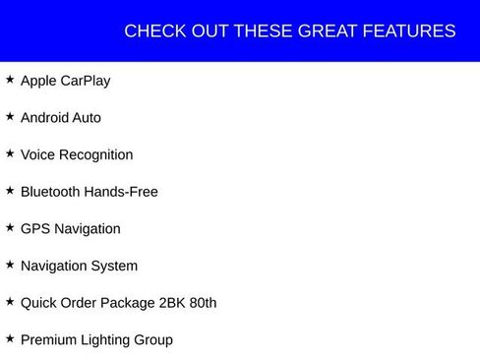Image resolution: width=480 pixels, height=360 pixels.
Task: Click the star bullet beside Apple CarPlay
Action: tap(10, 79)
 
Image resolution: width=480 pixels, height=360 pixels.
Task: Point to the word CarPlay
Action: tap(86, 81)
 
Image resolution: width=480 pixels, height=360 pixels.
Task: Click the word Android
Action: tap(45, 118)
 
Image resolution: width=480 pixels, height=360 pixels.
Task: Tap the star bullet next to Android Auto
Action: tap(10, 116)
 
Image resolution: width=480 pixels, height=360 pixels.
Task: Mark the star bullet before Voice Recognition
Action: tap(10, 153)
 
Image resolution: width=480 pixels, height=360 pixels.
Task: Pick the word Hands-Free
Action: tap(121, 192)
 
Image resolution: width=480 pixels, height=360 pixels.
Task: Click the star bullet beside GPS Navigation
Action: tap(10, 227)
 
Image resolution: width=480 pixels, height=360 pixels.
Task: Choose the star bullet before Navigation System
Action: tap(10, 265)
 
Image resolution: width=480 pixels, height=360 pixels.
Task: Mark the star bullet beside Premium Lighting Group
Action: tap(10, 338)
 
